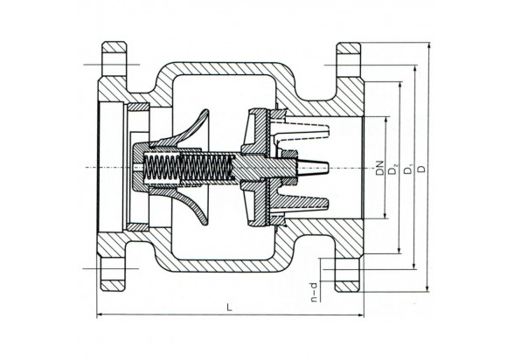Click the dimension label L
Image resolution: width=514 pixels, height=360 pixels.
[x=229, y=308]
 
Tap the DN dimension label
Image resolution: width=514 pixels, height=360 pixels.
[x=379, y=168]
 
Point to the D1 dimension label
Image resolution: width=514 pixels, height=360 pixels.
[x=408, y=169]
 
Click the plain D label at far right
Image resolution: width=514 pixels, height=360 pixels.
[x=422, y=169]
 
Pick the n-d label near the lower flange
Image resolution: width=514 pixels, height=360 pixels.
[x=314, y=292]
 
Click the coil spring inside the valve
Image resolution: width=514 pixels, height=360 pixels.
[x=189, y=167]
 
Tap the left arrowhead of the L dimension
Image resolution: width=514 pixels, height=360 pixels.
[x=100, y=315]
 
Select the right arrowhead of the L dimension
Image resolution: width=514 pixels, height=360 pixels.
[x=360, y=315]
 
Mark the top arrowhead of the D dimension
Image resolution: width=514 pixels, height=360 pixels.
[x=427, y=45]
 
